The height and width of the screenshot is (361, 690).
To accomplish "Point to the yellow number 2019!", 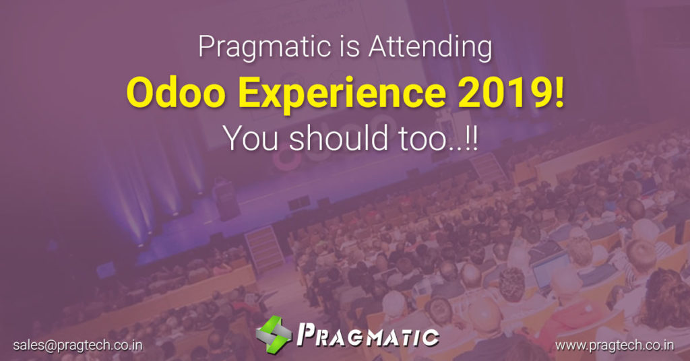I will [x=511, y=93].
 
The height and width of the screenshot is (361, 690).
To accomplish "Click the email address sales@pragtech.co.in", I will [x=77, y=345].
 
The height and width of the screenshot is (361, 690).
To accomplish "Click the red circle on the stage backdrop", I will [x=286, y=162].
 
